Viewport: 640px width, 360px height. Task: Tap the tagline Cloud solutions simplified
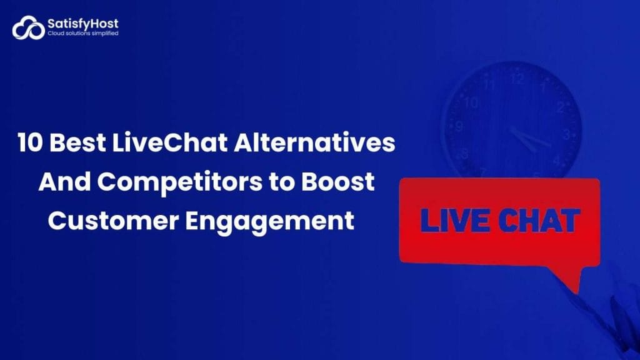pos(82,34)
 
